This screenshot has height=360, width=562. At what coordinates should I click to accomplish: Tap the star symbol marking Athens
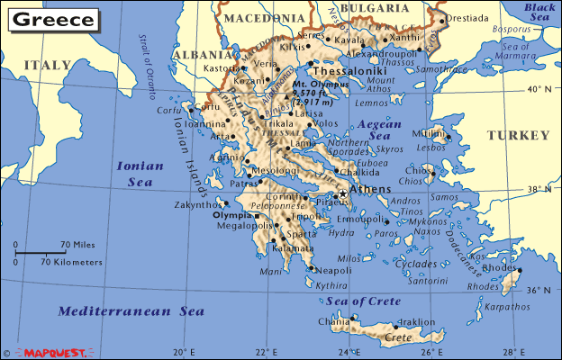coord(342,194)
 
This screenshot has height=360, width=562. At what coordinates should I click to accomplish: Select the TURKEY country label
coord(518,135)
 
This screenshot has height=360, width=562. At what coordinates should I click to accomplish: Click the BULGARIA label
coord(376,8)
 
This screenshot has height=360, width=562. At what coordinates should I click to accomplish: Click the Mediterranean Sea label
coord(131,311)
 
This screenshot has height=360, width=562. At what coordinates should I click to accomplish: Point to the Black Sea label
coord(540,12)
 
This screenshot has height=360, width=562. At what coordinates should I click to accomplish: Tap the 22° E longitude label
coord(265,351)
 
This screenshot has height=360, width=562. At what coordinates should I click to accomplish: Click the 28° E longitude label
coord(512,351)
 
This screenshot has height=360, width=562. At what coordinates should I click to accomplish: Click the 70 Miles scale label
coord(78,245)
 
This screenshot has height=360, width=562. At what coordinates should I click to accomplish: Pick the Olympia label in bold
coord(231,216)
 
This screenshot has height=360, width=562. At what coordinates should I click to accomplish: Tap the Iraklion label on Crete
coord(417,321)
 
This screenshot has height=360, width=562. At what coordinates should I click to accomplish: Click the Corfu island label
coord(169,110)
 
